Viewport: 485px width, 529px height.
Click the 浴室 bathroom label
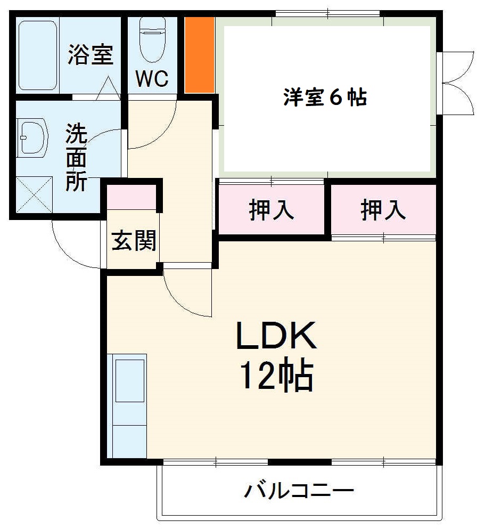coord(91,55)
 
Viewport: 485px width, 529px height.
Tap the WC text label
coord(152,79)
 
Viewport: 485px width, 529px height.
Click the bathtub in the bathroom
coord(37,55)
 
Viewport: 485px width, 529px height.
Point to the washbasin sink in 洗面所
coord(32,137)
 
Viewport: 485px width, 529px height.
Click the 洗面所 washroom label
coord(77,158)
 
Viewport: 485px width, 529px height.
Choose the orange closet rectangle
coord(200,54)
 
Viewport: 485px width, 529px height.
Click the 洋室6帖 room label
coord(325,97)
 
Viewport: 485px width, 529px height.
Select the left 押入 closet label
coord(272,210)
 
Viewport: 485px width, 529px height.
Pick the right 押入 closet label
coord(383,210)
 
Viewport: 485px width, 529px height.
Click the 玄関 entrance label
coord(134,241)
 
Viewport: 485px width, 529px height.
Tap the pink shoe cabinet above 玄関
coord(132,198)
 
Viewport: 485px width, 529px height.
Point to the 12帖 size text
coord(276,375)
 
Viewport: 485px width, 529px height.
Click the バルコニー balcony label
coord(299,490)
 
